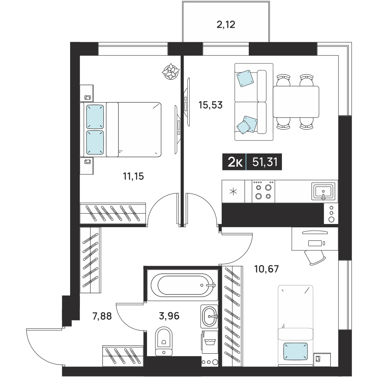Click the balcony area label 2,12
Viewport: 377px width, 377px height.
(x=226, y=25)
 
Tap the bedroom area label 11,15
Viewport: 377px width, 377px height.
(x=133, y=176)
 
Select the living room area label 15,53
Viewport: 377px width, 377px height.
(x=210, y=105)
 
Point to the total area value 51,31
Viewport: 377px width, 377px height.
(x=265, y=162)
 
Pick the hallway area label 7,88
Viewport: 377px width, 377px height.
(x=102, y=316)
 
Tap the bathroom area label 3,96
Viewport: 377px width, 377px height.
(x=169, y=316)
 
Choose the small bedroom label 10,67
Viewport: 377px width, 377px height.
(x=267, y=269)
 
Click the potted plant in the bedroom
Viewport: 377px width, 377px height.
(x=171, y=71)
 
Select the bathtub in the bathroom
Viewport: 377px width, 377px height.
(x=182, y=285)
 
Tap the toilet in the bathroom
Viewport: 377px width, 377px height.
(x=164, y=341)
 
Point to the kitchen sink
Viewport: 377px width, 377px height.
(x=323, y=192)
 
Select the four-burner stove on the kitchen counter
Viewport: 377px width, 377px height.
(x=263, y=191)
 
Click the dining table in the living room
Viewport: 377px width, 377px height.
(x=296, y=102)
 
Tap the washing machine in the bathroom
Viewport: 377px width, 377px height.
(x=210, y=342)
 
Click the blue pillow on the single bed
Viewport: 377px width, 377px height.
(x=296, y=352)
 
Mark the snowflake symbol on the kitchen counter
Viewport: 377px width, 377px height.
(x=233, y=192)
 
